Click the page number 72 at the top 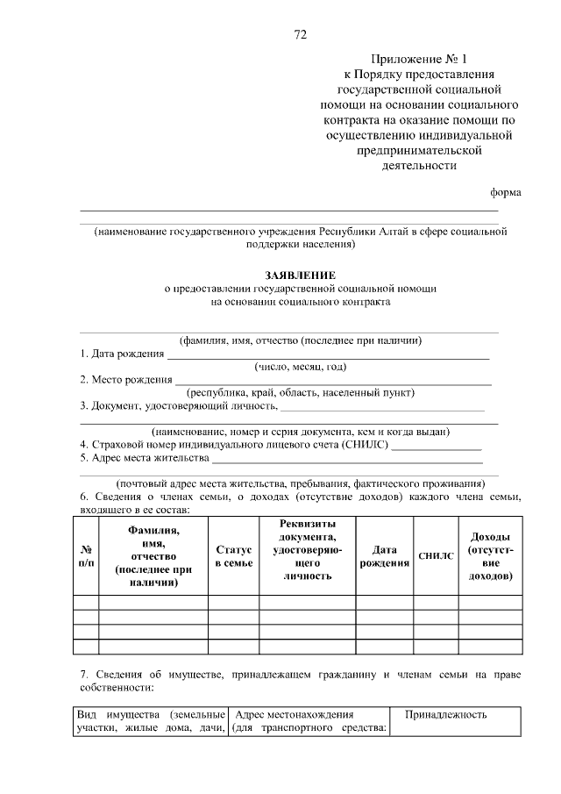tap(300, 35)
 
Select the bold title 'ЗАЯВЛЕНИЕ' tap(301, 275)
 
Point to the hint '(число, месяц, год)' tap(301, 367)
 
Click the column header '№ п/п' tap(85, 555)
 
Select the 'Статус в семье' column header tap(234, 556)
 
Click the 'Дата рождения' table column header tap(384, 556)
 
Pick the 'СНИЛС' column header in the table tap(436, 556)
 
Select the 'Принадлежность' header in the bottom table tap(445, 715)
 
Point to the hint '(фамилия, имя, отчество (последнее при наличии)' tap(301, 340)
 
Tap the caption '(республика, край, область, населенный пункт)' tap(301, 393)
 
